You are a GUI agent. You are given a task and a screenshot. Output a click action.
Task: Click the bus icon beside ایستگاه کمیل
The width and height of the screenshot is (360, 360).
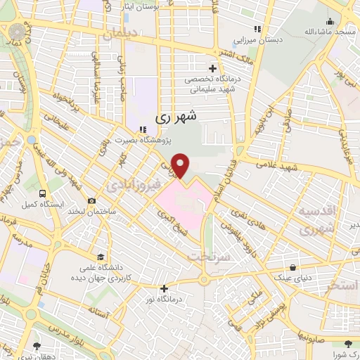tap(44, 193)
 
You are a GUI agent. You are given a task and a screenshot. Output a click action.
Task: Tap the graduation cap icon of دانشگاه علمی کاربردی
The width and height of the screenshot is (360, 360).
tap(102, 257)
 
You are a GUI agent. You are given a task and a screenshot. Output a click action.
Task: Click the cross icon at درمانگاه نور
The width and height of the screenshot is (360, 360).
tap(164, 288)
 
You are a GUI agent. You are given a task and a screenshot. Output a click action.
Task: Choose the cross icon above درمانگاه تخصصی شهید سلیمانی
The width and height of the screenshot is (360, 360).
tap(212, 68)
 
